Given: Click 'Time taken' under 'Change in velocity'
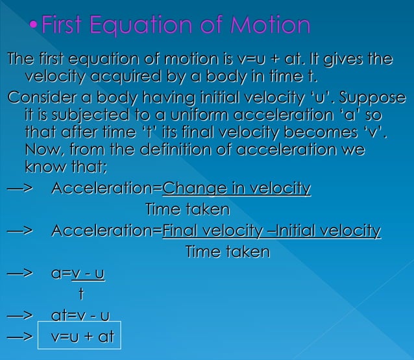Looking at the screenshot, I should point(187,210).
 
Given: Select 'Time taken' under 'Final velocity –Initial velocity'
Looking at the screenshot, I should point(227,252).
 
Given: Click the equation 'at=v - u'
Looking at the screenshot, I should point(79,317).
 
